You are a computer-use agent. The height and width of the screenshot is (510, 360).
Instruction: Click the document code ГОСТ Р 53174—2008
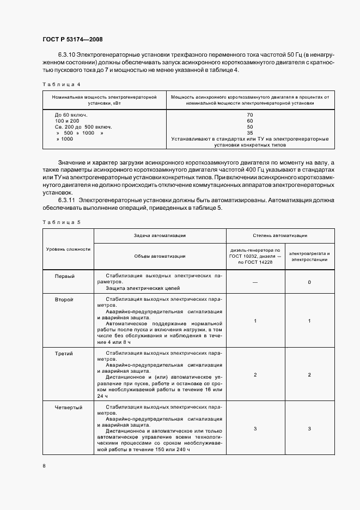(72, 39)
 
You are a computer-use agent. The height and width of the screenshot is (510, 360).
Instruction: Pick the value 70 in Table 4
(250, 115)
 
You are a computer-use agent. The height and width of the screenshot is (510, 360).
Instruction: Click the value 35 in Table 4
(250, 133)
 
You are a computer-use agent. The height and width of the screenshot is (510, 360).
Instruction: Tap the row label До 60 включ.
(71, 115)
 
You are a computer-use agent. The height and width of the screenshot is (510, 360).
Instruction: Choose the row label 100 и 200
(66, 121)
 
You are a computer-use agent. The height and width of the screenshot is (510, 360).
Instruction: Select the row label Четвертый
(68, 407)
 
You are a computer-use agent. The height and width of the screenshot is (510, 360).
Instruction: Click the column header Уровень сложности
(68, 249)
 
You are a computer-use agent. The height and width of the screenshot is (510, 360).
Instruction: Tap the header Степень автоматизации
(279, 236)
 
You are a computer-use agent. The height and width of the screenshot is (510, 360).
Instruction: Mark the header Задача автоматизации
(160, 236)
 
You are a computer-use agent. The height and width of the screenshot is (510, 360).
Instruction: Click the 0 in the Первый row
(309, 282)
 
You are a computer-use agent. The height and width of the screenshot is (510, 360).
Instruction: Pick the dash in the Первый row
(255, 282)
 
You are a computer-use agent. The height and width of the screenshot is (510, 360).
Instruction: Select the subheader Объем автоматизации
(160, 256)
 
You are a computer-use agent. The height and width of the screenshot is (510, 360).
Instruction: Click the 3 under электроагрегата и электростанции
(309, 429)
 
